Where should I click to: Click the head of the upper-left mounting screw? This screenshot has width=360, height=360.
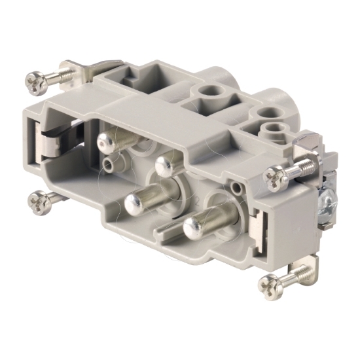37,81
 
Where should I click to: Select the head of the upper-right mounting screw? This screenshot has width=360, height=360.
274,175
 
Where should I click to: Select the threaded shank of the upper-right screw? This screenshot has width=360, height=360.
298,169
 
